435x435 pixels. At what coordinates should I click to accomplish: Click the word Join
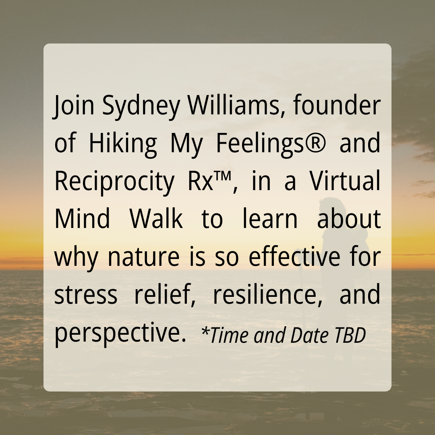[74, 106]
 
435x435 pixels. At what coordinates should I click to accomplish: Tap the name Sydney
[141, 107]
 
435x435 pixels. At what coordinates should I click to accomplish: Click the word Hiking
[122, 145]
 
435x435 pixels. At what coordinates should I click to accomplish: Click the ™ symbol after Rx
[222, 176]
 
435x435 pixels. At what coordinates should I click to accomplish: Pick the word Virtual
[345, 180]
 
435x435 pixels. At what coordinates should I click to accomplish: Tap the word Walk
[156, 218]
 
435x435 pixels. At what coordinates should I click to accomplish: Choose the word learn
[270, 218]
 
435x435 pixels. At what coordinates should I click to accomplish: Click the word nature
[143, 257]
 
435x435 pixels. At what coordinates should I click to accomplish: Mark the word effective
[294, 256]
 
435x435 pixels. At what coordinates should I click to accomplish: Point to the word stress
[86, 295]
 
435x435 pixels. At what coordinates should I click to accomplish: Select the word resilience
[267, 294]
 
